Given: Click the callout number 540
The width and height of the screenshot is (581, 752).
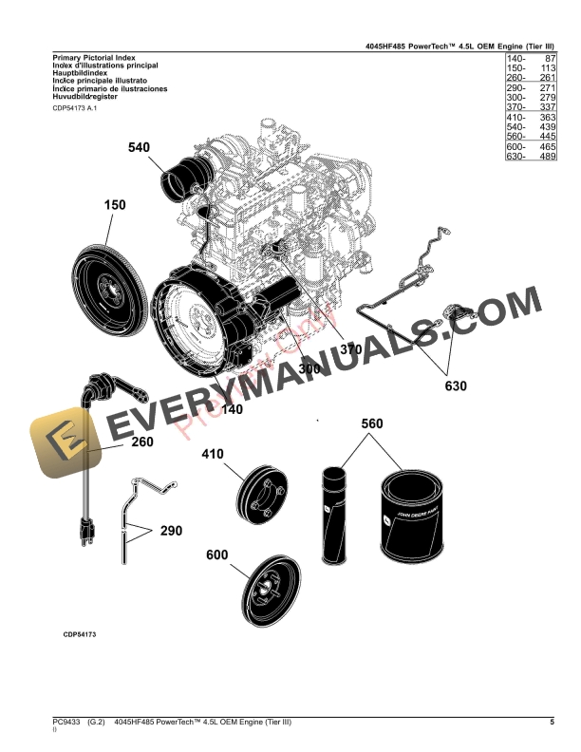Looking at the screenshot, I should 140,147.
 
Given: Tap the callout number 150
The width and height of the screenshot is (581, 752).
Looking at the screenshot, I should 115,205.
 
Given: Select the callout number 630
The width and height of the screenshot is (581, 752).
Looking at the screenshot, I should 456,385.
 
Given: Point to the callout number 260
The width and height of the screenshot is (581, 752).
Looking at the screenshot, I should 141,442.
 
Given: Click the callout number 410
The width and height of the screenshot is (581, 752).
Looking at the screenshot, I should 212,454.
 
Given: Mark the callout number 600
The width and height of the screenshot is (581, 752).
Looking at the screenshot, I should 217,555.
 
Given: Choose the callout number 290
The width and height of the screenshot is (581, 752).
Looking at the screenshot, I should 171,531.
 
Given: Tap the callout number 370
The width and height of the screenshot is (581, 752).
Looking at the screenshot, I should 351,349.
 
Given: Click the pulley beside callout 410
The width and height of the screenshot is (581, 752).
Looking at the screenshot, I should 262,496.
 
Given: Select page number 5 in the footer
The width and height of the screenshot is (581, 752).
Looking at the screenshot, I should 552,724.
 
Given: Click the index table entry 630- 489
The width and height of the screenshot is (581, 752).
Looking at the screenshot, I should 530,157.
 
